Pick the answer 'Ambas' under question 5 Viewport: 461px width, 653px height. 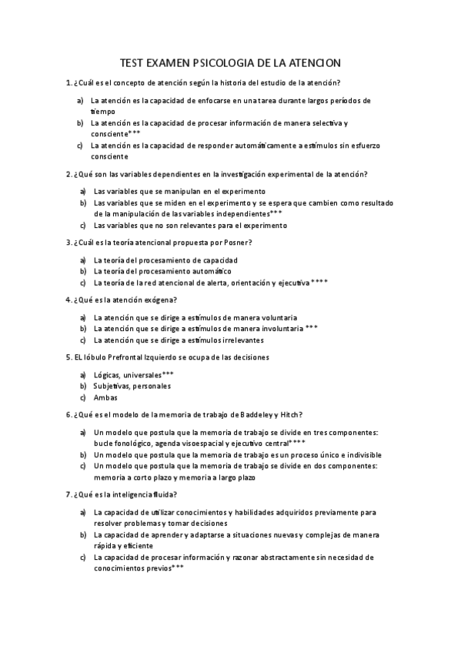pyautogui.click(x=105, y=398)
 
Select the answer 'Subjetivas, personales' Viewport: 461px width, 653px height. pyautogui.click(x=132, y=386)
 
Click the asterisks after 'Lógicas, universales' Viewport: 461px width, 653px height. pyautogui.click(x=168, y=373)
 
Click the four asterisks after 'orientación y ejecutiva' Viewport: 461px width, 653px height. pyautogui.click(x=319, y=283)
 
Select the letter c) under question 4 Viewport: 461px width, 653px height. pyautogui.click(x=82, y=340)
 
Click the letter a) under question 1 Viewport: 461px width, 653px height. pyautogui.click(x=80, y=101)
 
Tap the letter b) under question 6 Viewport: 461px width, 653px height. pyautogui.click(x=82, y=454)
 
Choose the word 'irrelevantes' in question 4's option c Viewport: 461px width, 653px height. pyautogui.click(x=242, y=340)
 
